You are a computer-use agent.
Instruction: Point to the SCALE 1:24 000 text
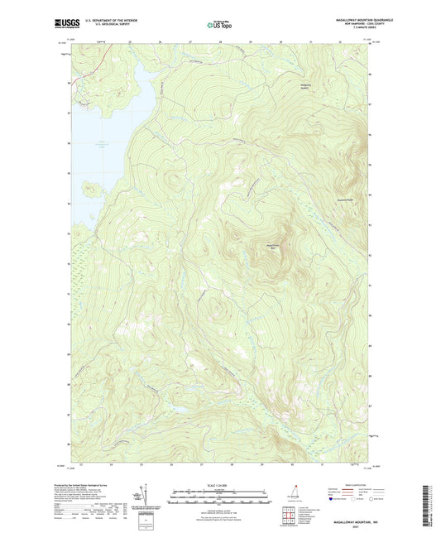coord(220,487)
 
